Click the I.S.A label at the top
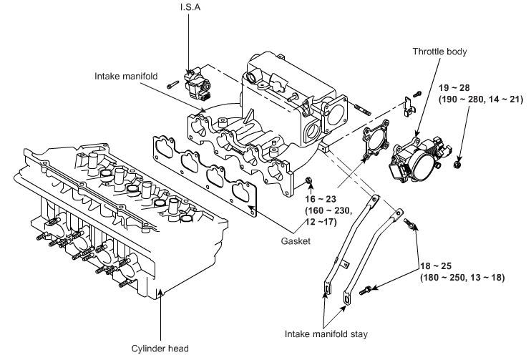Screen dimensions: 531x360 190,7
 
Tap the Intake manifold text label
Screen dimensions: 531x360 126,76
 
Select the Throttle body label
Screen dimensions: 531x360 439,52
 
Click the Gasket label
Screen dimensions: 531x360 296,241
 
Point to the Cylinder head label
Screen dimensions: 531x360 160,349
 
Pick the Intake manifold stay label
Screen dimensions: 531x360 326,334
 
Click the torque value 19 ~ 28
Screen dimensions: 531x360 454,88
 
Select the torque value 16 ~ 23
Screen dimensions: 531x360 321,199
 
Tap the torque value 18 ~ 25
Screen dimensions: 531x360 436,266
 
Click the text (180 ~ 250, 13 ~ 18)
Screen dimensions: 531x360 462,278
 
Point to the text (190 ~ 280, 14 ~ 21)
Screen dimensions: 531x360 481,99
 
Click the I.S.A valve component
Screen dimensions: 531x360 197,84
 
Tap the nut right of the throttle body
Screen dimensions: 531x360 457,165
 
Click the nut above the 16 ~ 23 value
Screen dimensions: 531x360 309,180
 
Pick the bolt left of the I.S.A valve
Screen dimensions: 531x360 172,84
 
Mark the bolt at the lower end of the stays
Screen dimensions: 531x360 365,291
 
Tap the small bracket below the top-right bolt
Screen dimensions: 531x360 409,107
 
